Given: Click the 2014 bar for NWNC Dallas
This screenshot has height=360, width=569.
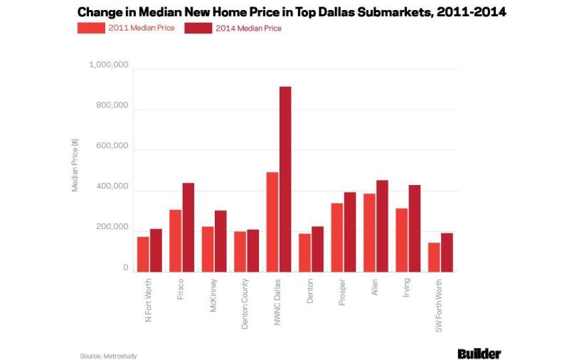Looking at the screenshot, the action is (x=285, y=179).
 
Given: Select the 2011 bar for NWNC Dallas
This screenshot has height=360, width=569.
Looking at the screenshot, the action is (x=272, y=222).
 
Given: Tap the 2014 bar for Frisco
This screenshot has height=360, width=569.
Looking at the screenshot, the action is (x=188, y=228).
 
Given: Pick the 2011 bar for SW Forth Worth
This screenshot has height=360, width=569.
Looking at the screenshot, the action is (x=434, y=258).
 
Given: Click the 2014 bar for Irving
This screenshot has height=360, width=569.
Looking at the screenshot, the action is (x=415, y=228).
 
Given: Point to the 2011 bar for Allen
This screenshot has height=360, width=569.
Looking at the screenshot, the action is (x=369, y=233).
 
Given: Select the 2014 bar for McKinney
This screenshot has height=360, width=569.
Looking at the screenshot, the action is (x=220, y=241).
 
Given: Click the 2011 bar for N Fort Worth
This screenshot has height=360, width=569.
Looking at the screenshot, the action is (x=143, y=255).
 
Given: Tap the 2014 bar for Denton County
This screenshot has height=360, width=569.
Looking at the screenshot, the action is (x=253, y=250).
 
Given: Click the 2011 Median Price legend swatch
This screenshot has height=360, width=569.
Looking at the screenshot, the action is (x=91, y=28).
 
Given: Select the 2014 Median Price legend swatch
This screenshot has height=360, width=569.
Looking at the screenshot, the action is (x=198, y=28).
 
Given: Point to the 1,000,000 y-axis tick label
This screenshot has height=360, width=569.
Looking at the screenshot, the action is (x=109, y=65).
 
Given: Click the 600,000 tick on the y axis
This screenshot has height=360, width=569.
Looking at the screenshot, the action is (x=112, y=146).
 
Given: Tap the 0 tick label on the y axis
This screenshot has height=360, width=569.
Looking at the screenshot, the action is (x=126, y=268).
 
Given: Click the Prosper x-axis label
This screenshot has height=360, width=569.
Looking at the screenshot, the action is (x=342, y=292).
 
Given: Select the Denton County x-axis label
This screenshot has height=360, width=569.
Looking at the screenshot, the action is (x=245, y=304).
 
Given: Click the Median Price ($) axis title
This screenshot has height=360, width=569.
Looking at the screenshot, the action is (x=75, y=165).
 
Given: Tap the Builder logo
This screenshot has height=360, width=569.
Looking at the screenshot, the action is (x=479, y=354).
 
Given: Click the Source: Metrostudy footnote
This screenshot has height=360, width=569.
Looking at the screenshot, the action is (x=109, y=356).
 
